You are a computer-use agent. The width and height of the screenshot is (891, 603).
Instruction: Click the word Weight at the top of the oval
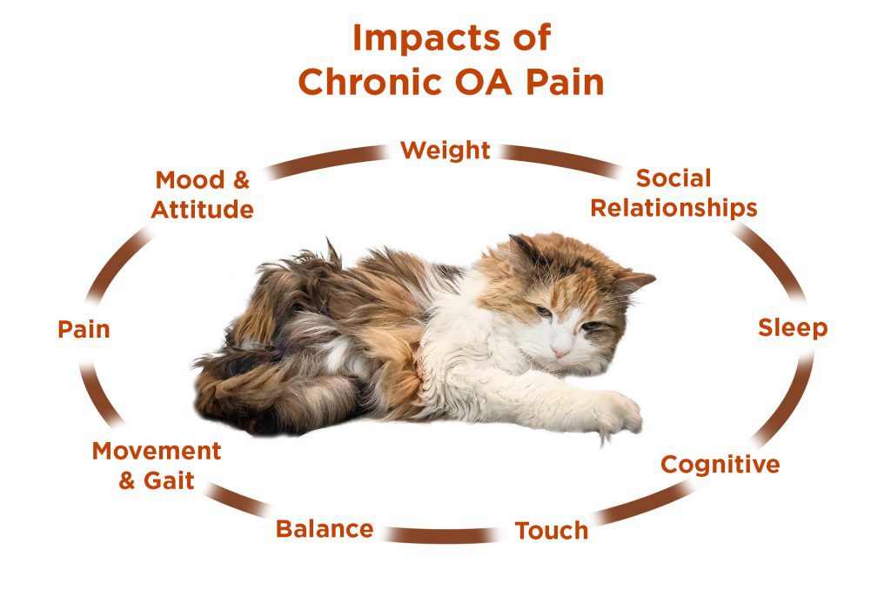pyautogui.click(x=445, y=150)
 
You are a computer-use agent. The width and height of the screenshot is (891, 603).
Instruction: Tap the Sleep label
pyautogui.click(x=792, y=328)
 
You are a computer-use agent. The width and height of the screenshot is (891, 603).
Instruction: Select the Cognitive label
pyautogui.click(x=720, y=465)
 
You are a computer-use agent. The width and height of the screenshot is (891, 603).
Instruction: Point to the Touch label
pyautogui.click(x=551, y=530)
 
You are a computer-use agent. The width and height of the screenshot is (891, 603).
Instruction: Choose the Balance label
pyautogui.click(x=325, y=528)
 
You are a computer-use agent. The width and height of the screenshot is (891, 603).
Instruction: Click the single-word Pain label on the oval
pyautogui.click(x=84, y=330)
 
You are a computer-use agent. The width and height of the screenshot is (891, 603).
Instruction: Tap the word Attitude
pyautogui.click(x=203, y=210)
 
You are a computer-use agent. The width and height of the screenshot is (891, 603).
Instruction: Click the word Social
pyautogui.click(x=673, y=178)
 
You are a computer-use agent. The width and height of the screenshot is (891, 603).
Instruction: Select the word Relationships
pyautogui.click(x=673, y=208)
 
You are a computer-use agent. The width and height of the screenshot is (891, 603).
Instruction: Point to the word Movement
pyautogui.click(x=157, y=452)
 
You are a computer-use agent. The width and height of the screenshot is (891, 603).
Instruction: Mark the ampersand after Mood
pyautogui.click(x=240, y=180)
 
